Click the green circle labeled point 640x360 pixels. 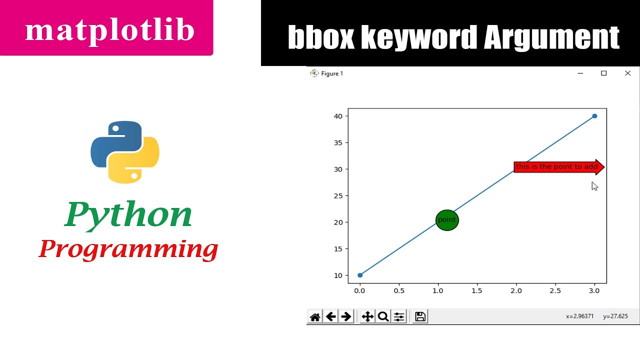pyautogui.click(x=447, y=220)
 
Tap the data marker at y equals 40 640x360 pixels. pyautogui.click(x=594, y=116)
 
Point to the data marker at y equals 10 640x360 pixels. pyautogui.click(x=360, y=275)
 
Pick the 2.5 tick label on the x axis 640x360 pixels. pyautogui.click(x=555, y=290)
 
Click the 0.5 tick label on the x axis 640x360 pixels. pyautogui.click(x=399, y=290)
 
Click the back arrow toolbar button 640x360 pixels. pyautogui.click(x=330, y=316)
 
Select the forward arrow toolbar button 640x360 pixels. pyautogui.click(x=346, y=316)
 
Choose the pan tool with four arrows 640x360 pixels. pyautogui.click(x=367, y=316)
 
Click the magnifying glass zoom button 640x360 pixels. pyautogui.click(x=383, y=316)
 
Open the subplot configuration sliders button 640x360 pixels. pyautogui.click(x=399, y=316)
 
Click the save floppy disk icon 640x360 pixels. pyautogui.click(x=420, y=316)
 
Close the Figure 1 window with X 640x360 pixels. pyautogui.click(x=627, y=73)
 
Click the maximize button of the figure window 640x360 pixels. pyautogui.click(x=603, y=73)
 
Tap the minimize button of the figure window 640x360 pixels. pyautogui.click(x=580, y=73)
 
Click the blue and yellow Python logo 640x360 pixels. pyautogui.click(x=125, y=152)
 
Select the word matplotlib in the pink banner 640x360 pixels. pyautogui.click(x=109, y=30)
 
